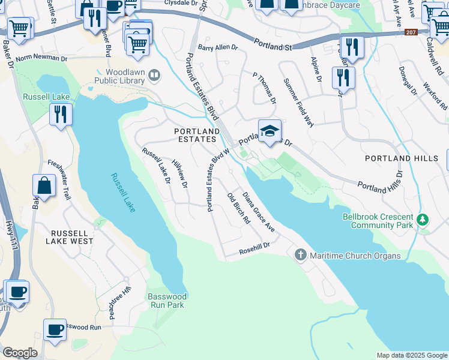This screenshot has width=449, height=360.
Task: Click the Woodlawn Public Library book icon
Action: pos(155,75)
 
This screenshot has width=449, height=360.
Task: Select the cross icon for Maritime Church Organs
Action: pos(301,256)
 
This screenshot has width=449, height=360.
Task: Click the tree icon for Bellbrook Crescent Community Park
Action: pos(423,220)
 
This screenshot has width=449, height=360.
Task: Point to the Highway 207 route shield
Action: pos(411,32)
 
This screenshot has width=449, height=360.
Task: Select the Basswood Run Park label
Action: pos(167,301)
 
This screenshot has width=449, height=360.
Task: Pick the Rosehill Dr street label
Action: pos(255,247)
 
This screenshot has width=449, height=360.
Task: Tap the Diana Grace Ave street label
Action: pos(259,212)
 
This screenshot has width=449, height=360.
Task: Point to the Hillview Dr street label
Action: pos(180,172)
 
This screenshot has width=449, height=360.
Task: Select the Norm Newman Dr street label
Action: pos(41,58)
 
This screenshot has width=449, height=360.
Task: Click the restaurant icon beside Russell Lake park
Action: pos(60,114)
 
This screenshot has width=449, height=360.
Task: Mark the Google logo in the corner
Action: pos(20,353)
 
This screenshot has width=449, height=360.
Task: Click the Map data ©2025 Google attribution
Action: pos(411,355)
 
